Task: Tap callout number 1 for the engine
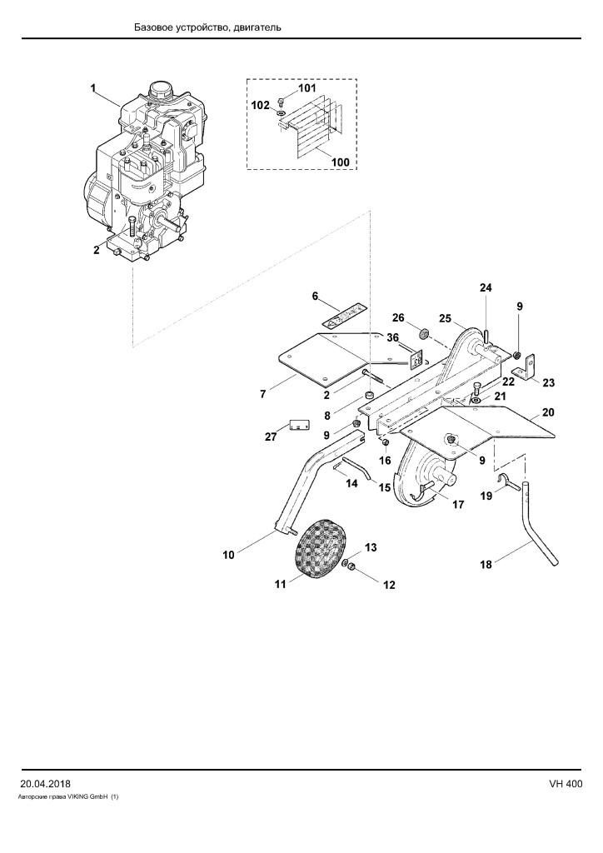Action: coord(93,87)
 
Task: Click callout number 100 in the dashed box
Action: coord(341,162)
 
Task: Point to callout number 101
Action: coord(306,88)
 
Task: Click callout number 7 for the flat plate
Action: coord(263,394)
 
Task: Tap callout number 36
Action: coord(392,338)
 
